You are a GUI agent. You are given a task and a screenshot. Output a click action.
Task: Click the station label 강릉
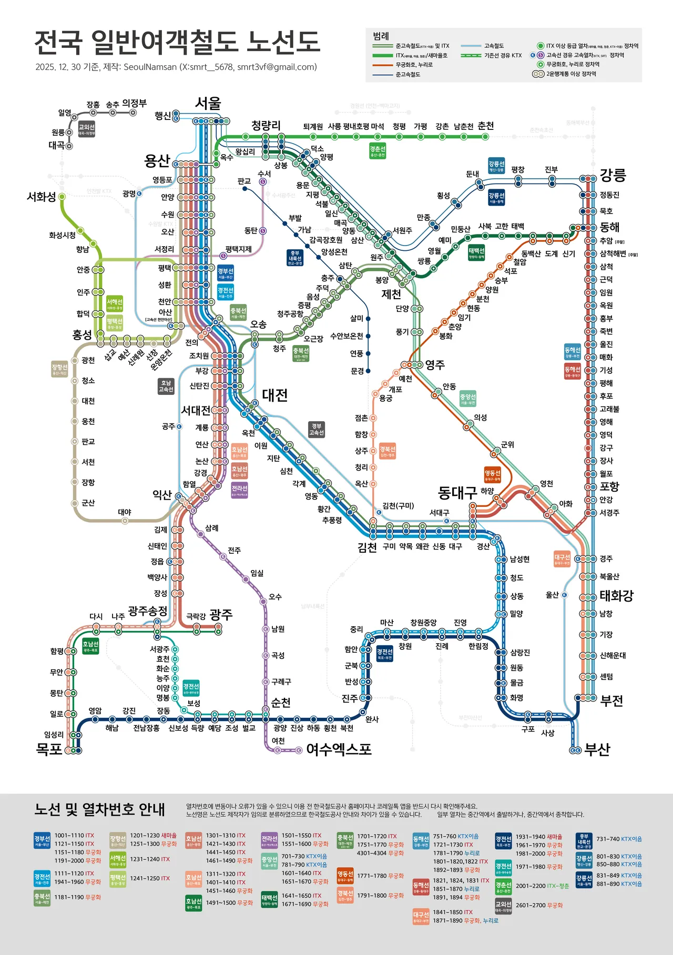(613, 175)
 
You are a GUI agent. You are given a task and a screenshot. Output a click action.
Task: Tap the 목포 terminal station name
(49, 749)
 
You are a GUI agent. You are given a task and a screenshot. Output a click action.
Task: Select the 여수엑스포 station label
(339, 749)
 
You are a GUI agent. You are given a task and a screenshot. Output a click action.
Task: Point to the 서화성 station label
(41, 197)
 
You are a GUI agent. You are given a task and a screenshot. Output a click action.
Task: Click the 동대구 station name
(457, 493)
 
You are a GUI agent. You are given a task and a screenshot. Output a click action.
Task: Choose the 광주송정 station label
(147, 611)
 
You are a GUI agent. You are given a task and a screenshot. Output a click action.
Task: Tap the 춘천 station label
(485, 126)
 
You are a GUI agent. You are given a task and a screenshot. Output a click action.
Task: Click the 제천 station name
(391, 294)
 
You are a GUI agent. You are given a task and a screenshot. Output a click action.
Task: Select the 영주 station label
(435, 365)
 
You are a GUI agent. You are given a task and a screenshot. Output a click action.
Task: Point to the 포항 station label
(609, 486)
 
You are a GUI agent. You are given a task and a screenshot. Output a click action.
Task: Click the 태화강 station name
(616, 596)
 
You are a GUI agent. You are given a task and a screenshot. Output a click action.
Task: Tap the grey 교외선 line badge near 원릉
(87, 129)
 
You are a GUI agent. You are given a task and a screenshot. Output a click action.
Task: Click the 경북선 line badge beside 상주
(388, 451)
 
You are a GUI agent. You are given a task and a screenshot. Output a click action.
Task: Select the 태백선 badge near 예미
(476, 253)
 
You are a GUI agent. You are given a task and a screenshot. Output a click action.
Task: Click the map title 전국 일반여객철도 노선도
(177, 42)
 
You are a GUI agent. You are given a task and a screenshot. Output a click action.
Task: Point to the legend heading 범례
(381, 36)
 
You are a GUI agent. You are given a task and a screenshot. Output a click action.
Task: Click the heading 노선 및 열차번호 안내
(100, 809)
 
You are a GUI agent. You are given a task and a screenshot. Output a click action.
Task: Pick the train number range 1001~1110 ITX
(74, 835)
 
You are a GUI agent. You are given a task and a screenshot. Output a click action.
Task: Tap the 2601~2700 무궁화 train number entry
(539, 905)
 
